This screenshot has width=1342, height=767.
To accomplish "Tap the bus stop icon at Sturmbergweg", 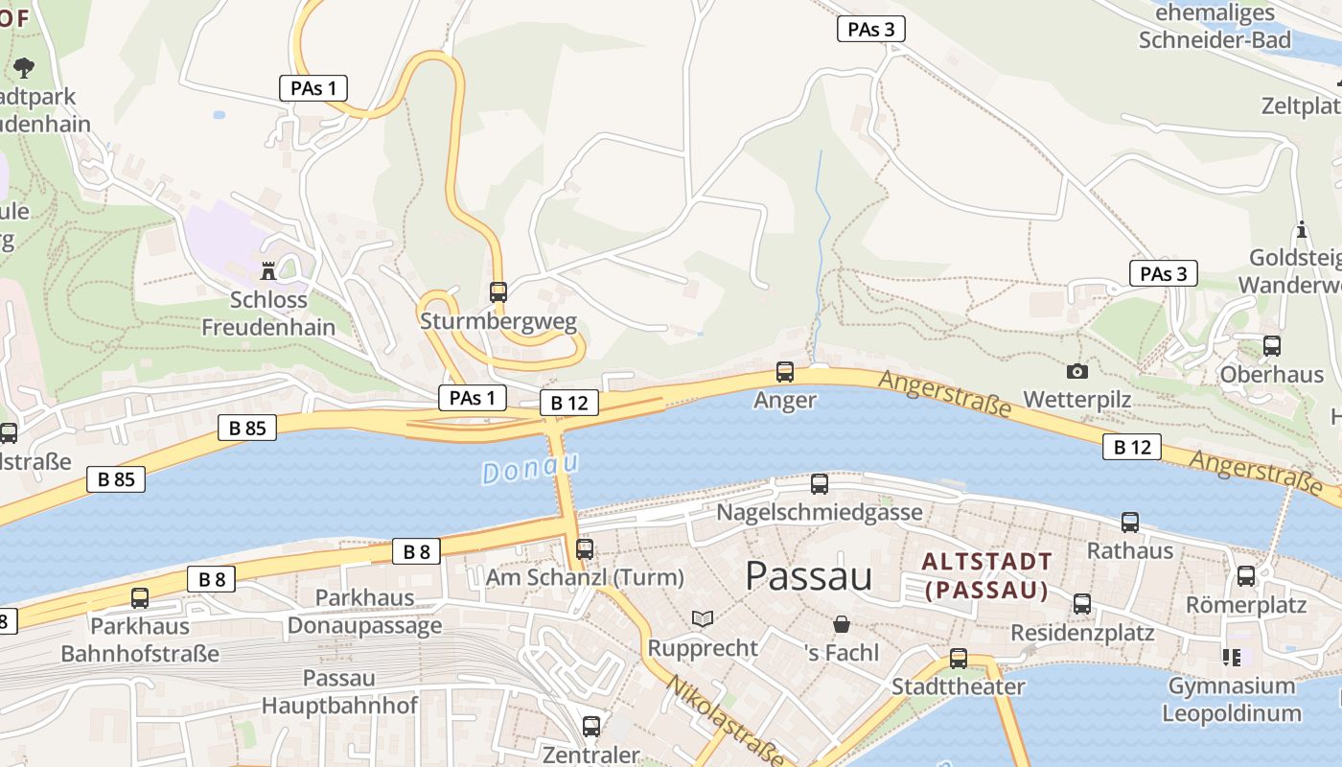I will point(498,292).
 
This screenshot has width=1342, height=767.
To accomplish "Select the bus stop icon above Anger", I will point(785,372).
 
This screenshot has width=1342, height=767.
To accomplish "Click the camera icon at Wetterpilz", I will point(1077,371).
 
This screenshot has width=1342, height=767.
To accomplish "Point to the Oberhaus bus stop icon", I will point(1272,346).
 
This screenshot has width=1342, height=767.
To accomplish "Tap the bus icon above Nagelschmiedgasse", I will point(820,484).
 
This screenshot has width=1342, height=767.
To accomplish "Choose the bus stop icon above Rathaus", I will point(1130,523).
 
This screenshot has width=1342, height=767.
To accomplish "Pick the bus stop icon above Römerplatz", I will point(1246,576).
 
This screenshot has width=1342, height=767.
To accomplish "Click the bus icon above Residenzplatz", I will point(1082,604).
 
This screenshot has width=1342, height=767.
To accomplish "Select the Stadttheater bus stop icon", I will point(959,659).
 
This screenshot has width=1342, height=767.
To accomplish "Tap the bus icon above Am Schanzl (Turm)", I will point(585,549).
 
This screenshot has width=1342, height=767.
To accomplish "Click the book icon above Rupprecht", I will point(703,619).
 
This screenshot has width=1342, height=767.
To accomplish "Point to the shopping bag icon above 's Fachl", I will point(842,624).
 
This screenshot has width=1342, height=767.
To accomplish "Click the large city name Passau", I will point(808,576).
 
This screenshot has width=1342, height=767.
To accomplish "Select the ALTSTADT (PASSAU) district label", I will point(987,575).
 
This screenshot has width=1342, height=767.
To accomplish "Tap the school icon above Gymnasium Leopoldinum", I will point(1232,657).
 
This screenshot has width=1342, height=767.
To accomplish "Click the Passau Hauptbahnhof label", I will point(339,692).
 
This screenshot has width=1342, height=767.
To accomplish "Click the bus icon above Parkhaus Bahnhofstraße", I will point(140,598).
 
